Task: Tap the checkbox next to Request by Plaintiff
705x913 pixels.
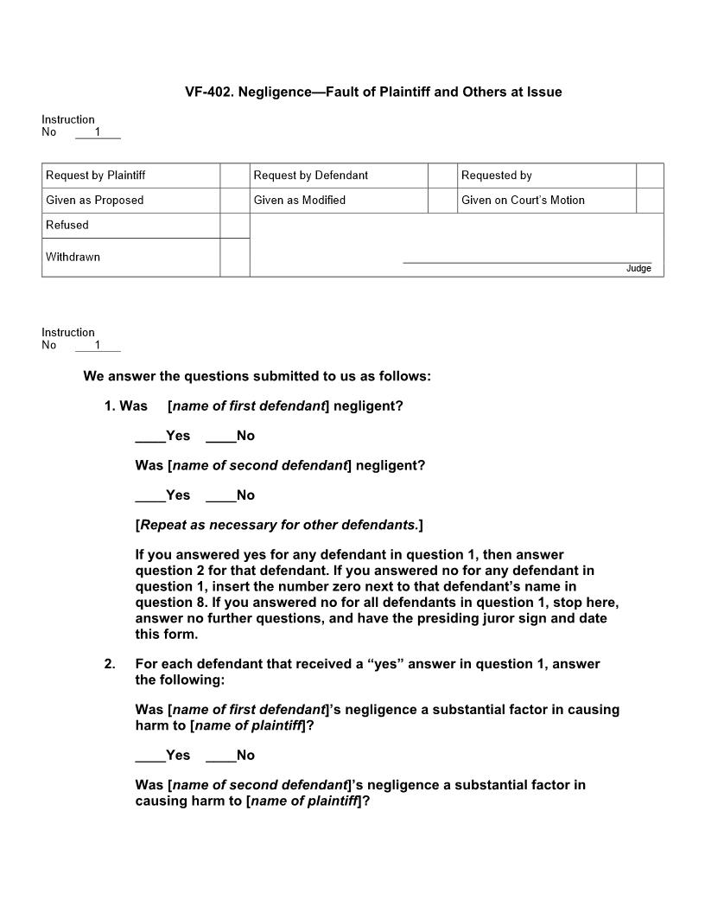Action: click(x=234, y=176)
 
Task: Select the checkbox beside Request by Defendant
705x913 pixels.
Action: click(x=442, y=176)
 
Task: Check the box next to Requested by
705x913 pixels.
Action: click(x=650, y=176)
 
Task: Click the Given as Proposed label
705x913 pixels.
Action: click(x=95, y=201)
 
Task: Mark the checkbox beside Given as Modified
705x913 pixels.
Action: click(x=442, y=201)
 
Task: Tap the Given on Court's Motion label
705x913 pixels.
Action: click(x=523, y=201)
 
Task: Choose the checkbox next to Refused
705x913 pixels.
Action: click(x=234, y=226)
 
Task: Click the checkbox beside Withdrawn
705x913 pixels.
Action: click(x=234, y=258)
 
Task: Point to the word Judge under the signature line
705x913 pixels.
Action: click(x=638, y=269)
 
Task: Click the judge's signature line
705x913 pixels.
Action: click(x=527, y=261)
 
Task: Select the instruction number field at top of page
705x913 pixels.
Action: click(x=98, y=132)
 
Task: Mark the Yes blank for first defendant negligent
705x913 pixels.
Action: click(x=150, y=437)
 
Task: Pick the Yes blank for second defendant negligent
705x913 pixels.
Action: click(x=150, y=495)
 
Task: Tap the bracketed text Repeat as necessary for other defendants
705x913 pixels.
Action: click(x=279, y=526)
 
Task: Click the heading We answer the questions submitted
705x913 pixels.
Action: click(x=257, y=377)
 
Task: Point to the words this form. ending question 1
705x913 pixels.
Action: click(x=167, y=635)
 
